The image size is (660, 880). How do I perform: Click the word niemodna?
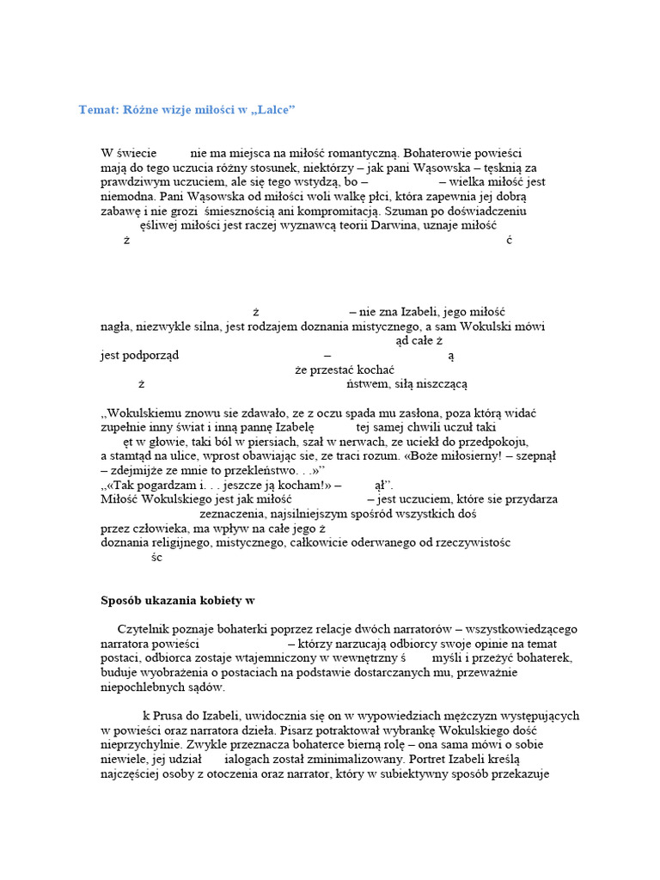tap(126, 196)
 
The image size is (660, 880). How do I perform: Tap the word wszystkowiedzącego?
tap(519, 629)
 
